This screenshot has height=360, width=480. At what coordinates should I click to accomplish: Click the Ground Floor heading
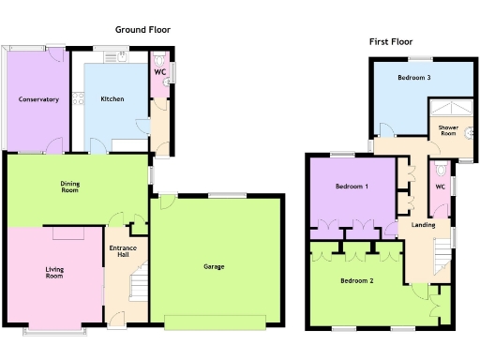tap(142, 30)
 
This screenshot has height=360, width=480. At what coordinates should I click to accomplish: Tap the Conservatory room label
tap(37, 98)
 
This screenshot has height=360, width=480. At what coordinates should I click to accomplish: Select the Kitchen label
tap(113, 98)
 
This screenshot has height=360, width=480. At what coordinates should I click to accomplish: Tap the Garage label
tap(214, 266)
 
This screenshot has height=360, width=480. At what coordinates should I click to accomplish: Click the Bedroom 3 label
tap(413, 78)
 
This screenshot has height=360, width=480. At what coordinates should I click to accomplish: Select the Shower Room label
tap(448, 129)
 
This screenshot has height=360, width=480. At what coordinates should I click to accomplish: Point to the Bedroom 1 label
tap(352, 187)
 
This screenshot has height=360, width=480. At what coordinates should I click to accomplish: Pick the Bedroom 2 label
tap(356, 280)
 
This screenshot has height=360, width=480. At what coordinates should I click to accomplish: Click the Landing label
tap(423, 224)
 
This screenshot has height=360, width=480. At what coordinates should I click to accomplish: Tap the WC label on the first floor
tap(441, 187)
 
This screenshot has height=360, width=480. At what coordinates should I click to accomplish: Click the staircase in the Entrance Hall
tap(138, 281)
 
